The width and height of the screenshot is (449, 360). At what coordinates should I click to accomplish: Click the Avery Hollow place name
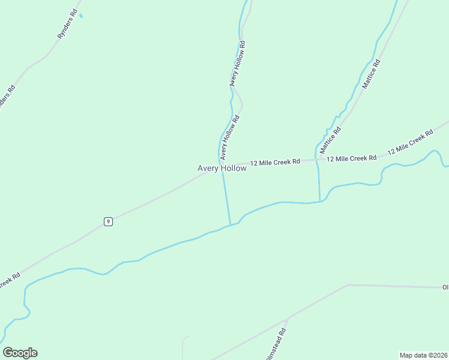[x=221, y=169]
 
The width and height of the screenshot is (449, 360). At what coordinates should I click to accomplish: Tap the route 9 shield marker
[x=107, y=221]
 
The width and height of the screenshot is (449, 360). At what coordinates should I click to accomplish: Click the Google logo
[x=20, y=353]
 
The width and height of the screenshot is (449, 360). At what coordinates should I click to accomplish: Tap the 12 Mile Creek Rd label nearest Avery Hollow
[x=275, y=162]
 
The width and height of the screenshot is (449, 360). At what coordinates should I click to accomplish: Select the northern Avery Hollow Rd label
[x=238, y=64]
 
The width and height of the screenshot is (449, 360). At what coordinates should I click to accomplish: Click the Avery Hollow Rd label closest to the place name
[x=229, y=137]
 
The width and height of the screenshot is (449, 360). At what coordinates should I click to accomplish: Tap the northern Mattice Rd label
[x=371, y=74]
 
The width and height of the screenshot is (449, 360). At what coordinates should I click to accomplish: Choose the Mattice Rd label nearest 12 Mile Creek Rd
[x=330, y=139]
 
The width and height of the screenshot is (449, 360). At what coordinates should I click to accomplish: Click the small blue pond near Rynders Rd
[x=81, y=16]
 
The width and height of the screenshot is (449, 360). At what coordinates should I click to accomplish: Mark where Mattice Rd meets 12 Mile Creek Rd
[x=316, y=160]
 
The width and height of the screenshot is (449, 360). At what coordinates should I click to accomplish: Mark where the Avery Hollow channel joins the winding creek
[x=230, y=226]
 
